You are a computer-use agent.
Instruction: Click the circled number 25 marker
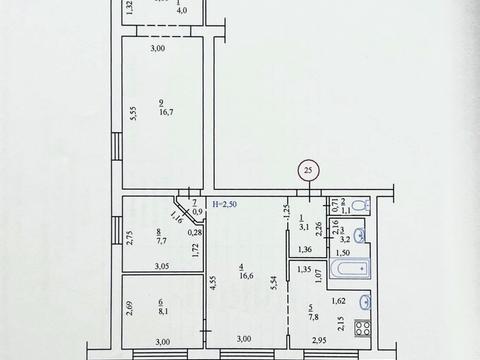(308, 171)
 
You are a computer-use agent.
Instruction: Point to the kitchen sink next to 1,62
(365, 299)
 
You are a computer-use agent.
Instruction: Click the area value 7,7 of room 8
(162, 240)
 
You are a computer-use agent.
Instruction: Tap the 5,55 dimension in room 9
(132, 114)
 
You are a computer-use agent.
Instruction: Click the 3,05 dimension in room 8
(161, 266)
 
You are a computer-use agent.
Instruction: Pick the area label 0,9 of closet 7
(196, 211)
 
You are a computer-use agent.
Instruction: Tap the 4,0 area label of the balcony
(180, 14)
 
